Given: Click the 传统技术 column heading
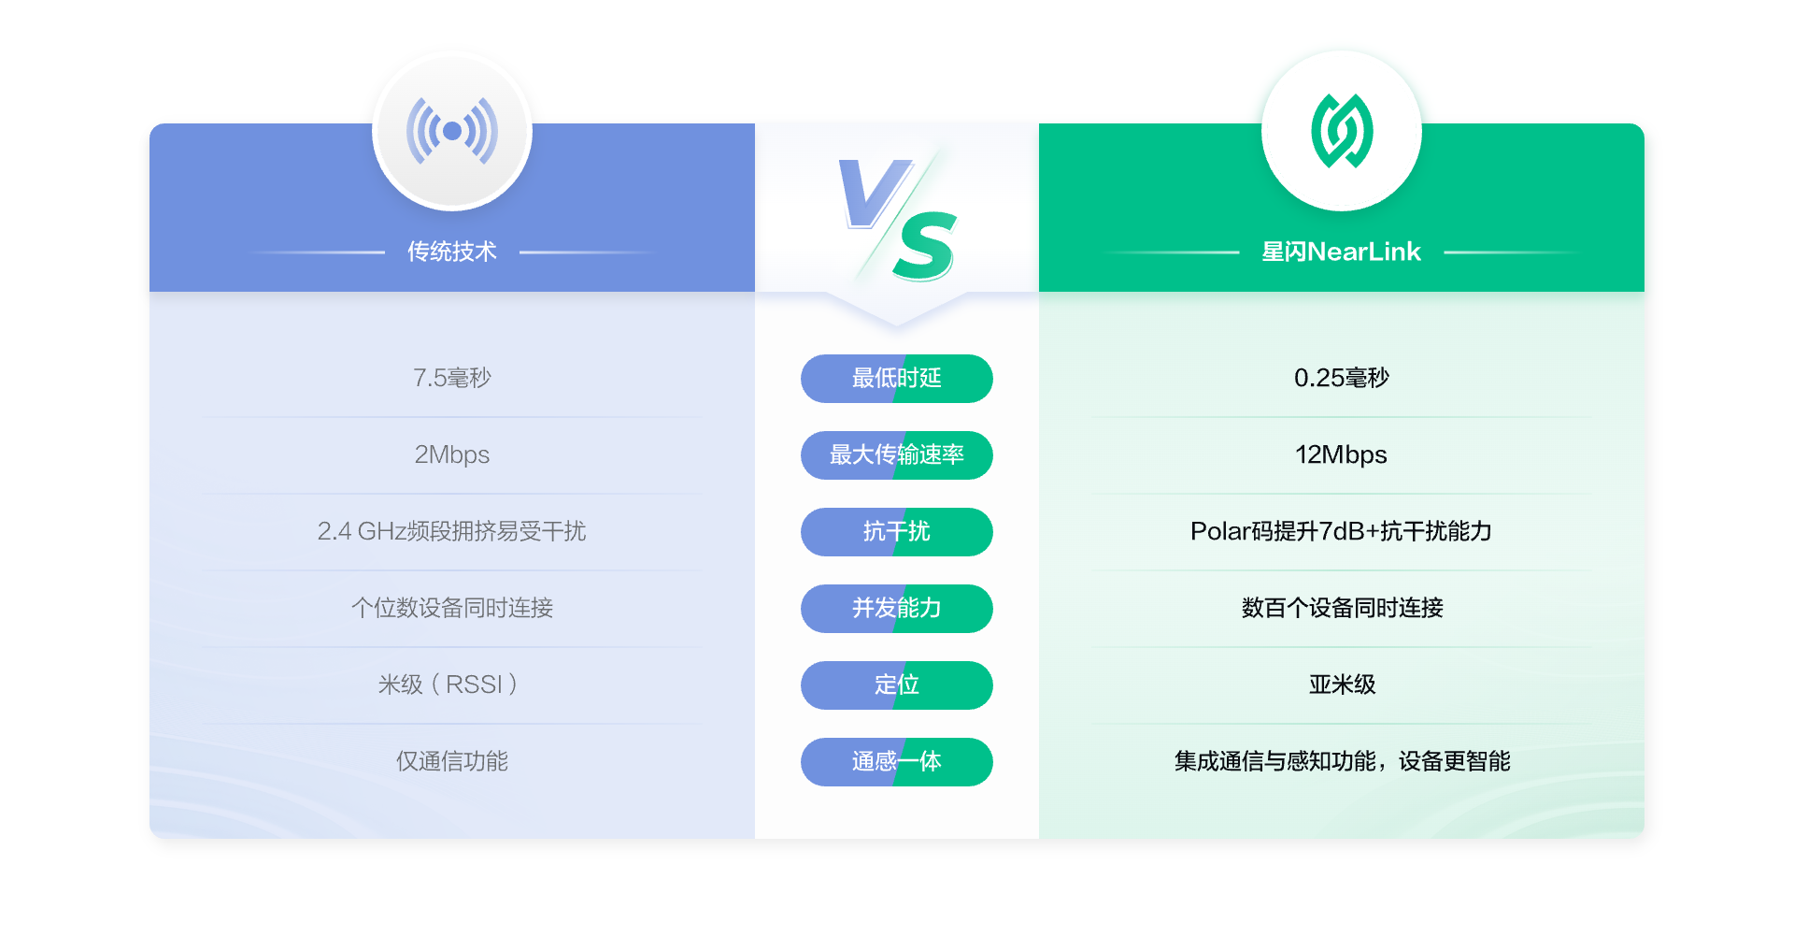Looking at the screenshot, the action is (452, 252).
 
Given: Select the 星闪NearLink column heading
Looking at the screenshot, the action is (1341, 252).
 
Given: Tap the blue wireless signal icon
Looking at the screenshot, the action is (452, 131).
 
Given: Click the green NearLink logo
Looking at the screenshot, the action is (1342, 131).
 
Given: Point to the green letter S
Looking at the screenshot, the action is (925, 246).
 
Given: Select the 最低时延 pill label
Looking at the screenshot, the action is (897, 379).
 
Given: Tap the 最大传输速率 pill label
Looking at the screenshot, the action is (897, 455).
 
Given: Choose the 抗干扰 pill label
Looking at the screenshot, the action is (897, 532).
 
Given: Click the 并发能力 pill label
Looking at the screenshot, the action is (897, 609).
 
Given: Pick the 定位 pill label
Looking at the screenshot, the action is (897, 685).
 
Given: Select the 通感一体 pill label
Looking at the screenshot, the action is (897, 762).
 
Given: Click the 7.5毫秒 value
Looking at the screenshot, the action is (452, 378).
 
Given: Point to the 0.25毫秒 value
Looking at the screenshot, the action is (1342, 378).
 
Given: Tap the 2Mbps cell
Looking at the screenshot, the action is (452, 455).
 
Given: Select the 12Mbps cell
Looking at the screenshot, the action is (1341, 455).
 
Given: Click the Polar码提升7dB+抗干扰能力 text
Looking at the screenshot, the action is (1341, 531).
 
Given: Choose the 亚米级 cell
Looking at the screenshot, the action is (1342, 684).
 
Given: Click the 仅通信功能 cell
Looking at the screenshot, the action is (452, 761).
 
